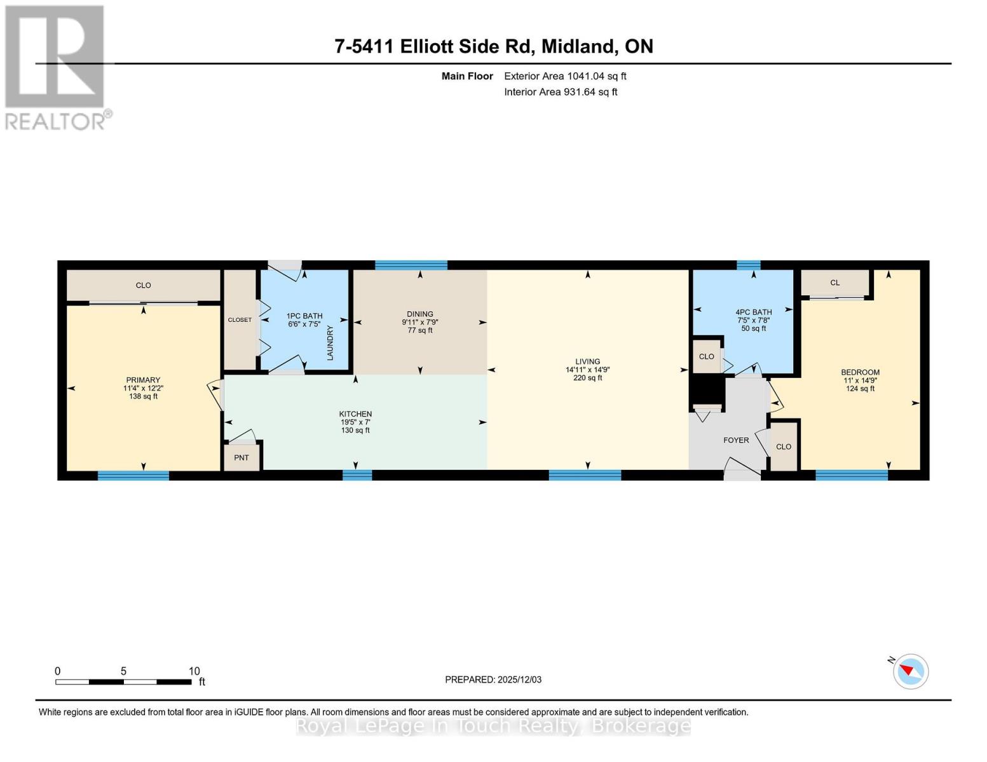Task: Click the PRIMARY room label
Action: [143, 380]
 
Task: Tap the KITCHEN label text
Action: [355, 414]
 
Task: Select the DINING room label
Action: [419, 314]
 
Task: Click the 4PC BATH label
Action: [754, 312]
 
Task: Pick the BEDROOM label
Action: [860, 373]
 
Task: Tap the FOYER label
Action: [736, 440]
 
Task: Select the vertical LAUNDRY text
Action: [330, 343]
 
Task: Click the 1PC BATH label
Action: [304, 316]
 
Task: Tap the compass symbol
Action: [910, 671]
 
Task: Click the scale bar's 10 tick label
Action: [194, 671]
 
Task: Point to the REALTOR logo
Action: [55, 67]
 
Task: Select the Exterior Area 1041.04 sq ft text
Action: [565, 76]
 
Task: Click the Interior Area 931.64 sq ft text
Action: [561, 92]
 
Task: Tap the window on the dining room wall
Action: [411, 265]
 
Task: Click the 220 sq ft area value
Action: [587, 378]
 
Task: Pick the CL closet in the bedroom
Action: [834, 283]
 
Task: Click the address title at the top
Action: [494, 46]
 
